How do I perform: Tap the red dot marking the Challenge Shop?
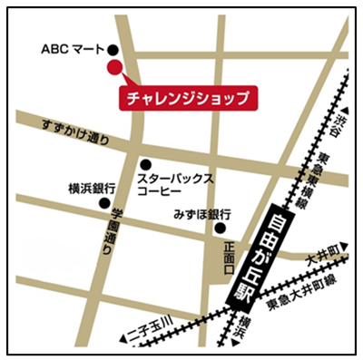(113, 67)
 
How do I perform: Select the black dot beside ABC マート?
(113, 50)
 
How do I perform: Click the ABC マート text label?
(73, 49)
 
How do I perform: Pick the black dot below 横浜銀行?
(104, 203)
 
